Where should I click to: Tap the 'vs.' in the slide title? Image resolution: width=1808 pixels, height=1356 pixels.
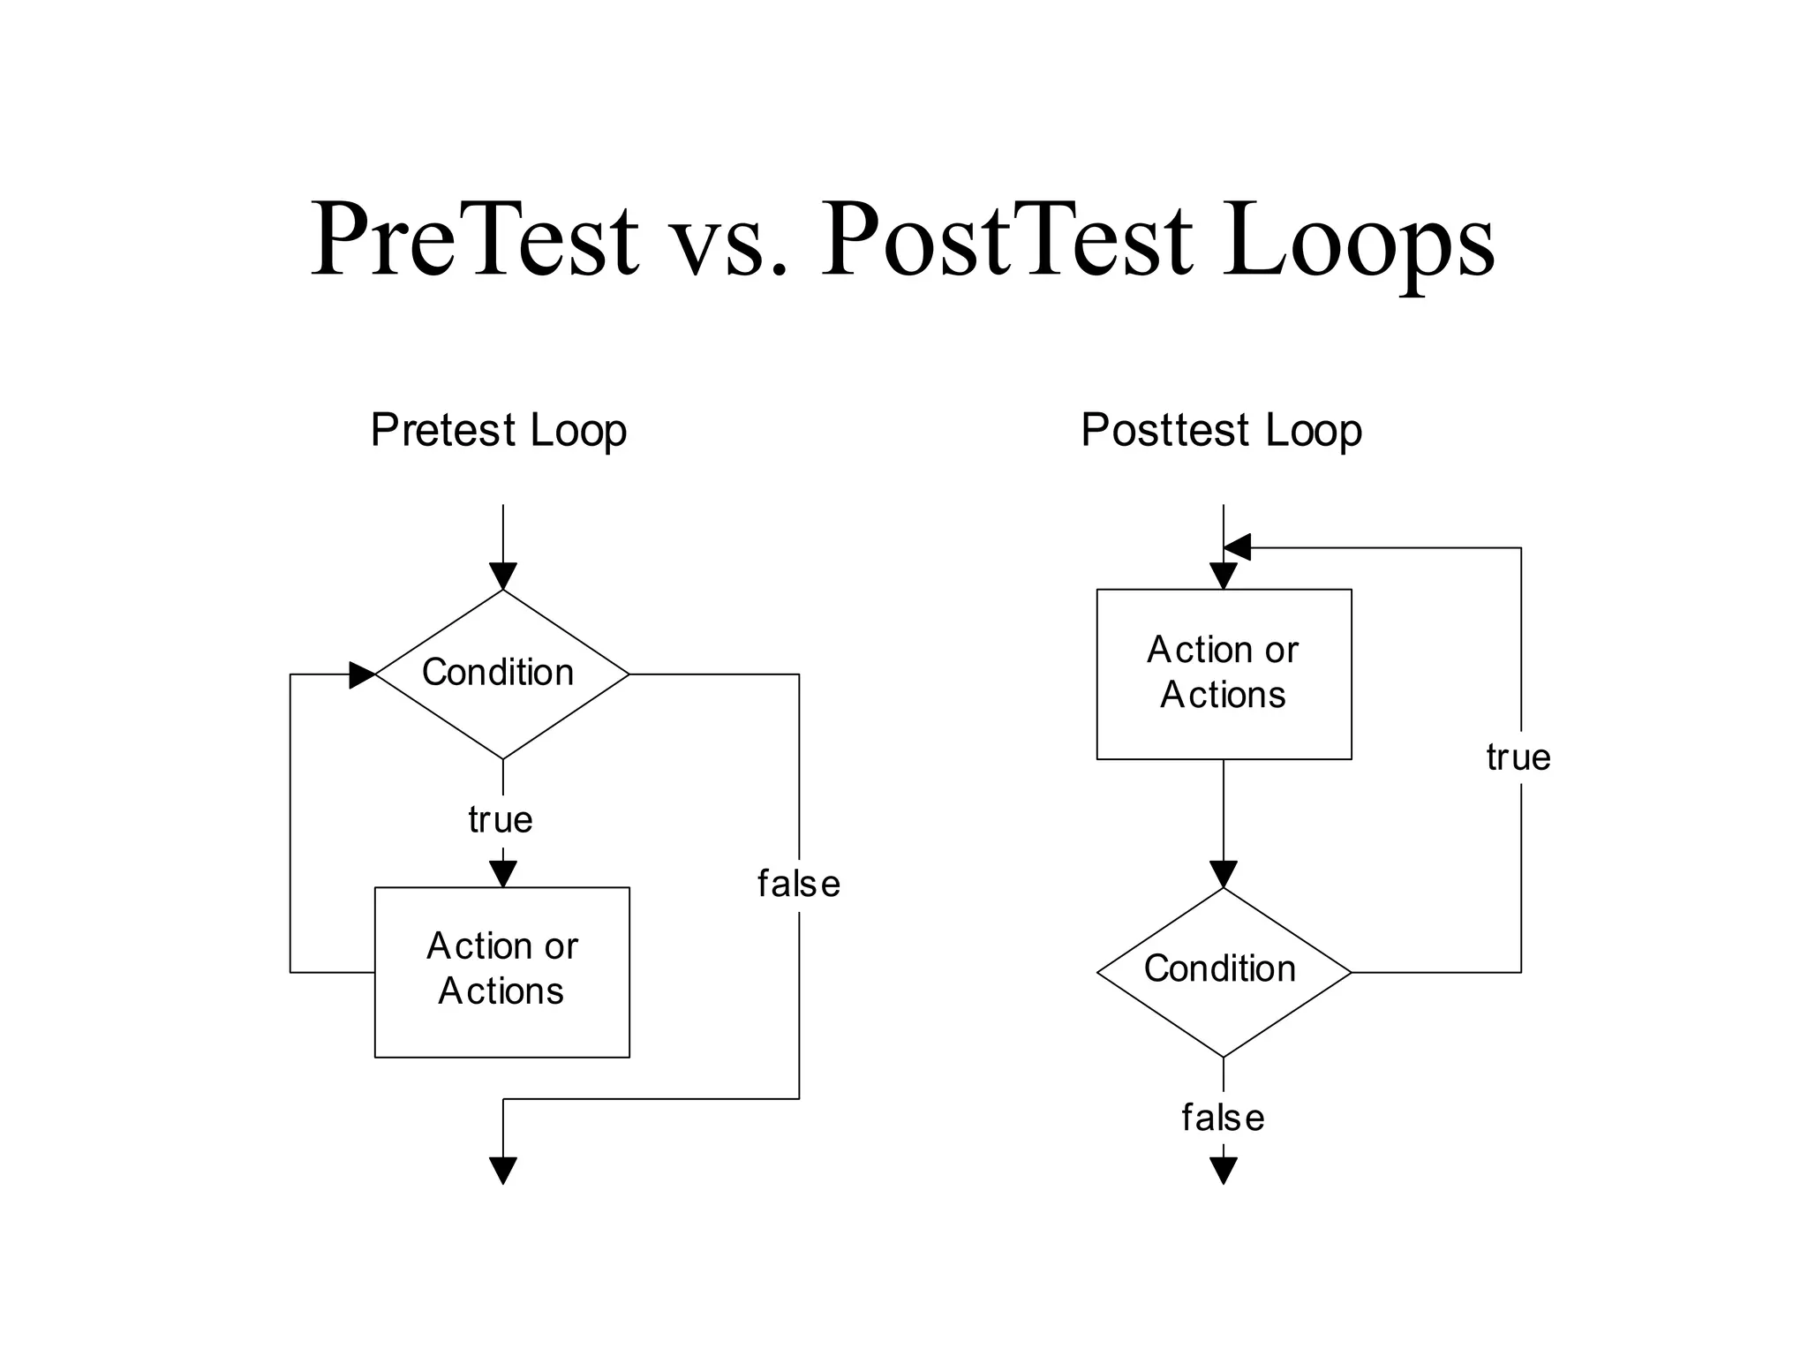(x=729, y=243)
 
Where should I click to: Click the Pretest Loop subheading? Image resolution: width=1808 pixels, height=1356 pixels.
(x=498, y=431)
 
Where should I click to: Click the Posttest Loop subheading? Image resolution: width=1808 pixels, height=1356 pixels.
(x=1221, y=431)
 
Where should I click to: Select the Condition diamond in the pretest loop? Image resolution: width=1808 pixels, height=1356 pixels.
(x=501, y=674)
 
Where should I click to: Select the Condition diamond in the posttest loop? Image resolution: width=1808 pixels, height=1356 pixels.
(x=1223, y=971)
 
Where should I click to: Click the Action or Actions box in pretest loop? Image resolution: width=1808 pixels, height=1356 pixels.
(x=501, y=971)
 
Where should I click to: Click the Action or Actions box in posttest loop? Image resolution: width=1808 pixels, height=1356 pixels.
(x=1223, y=674)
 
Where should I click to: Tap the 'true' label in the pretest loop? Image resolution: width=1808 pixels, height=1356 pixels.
(x=501, y=820)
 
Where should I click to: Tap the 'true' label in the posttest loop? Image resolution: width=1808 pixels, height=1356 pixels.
(x=1518, y=757)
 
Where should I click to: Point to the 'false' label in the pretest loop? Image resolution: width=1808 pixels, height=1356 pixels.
(x=798, y=884)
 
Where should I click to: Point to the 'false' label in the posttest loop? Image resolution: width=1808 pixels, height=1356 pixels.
(x=1223, y=1118)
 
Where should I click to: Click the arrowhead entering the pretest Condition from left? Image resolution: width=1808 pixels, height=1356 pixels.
(x=362, y=674)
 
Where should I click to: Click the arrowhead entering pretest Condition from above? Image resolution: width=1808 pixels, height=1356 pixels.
(x=502, y=576)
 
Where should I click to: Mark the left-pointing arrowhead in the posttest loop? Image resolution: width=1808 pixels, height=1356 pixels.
(x=1238, y=547)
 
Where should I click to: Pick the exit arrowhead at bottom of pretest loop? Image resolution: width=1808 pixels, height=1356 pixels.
(x=502, y=1171)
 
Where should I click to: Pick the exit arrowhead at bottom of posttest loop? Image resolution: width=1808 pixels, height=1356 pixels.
(x=1223, y=1171)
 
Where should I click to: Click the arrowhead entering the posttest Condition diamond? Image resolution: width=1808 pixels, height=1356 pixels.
(x=1223, y=874)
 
